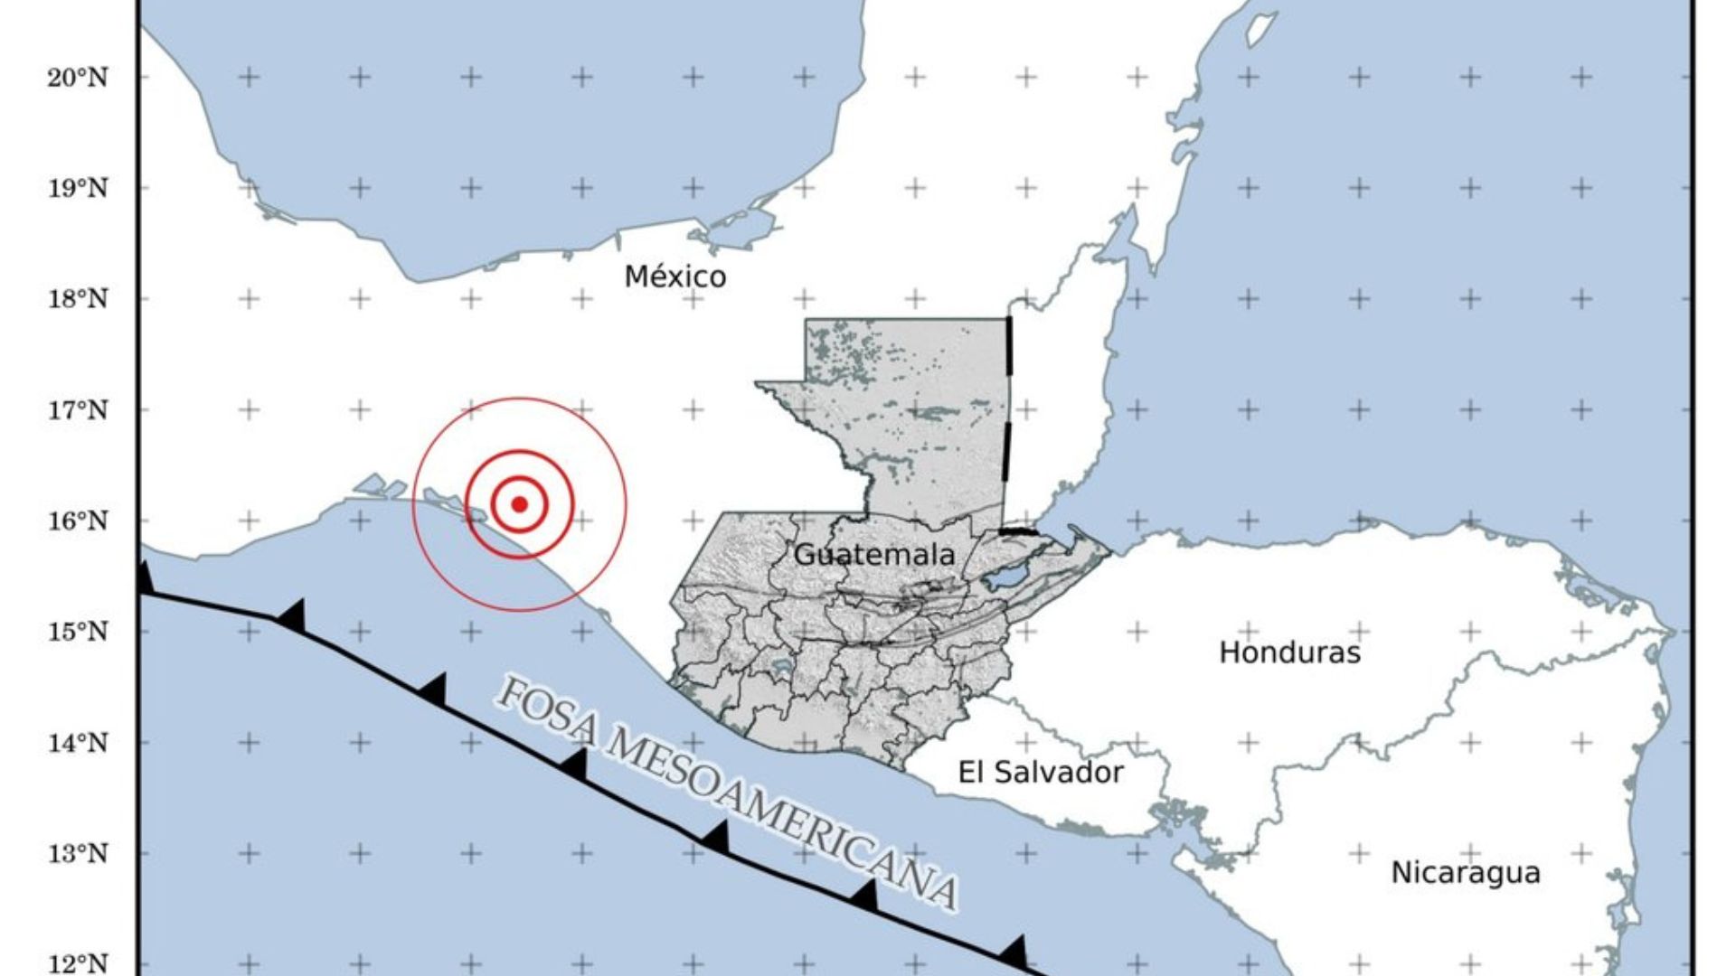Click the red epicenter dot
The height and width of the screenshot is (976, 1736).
tap(519, 503)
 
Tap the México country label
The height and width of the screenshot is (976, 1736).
tap(675, 276)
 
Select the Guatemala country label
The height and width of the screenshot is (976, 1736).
tap(873, 554)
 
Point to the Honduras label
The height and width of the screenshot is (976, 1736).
tap(1289, 652)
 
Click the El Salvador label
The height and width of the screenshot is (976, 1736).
tap(1040, 772)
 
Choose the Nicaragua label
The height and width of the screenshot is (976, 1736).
tap(1465, 872)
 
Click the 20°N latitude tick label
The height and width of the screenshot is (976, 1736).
tap(78, 78)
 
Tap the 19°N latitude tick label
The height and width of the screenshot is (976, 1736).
tap(78, 189)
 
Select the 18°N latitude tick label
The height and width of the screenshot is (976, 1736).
tap(78, 299)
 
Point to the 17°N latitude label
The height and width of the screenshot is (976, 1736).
tap(78, 410)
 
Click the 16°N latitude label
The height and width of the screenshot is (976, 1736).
tap(78, 521)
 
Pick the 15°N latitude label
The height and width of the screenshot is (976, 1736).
tap(78, 632)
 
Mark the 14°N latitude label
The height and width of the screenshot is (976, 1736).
tap(78, 743)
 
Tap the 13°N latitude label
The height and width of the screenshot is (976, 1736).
tap(78, 853)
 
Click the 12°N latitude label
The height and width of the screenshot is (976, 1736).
tap(78, 963)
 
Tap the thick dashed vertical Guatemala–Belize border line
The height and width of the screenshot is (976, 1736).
tap(1007, 407)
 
